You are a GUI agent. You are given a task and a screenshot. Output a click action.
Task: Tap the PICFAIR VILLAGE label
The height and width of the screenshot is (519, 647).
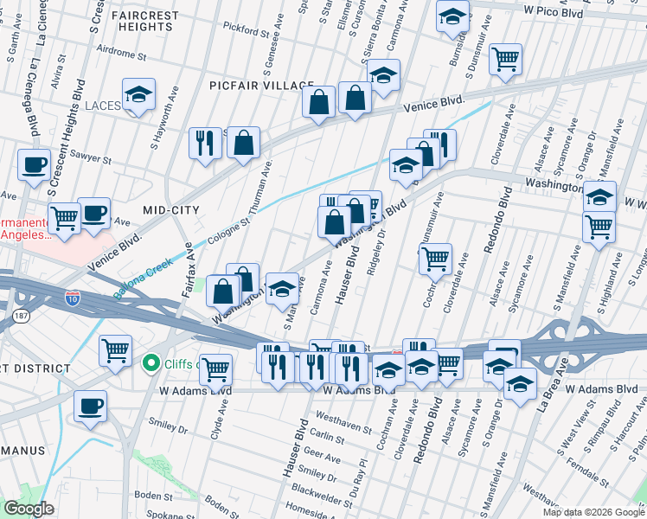[x=261, y=86]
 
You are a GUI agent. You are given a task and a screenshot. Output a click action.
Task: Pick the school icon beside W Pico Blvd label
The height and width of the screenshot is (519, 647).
[x=452, y=16]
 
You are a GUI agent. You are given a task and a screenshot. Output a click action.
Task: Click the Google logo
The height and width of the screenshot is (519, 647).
[x=29, y=509]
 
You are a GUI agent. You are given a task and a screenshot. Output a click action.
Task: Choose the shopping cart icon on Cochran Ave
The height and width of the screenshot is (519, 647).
[x=435, y=257]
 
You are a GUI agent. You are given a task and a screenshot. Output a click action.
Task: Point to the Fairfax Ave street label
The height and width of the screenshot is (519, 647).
[x=188, y=271]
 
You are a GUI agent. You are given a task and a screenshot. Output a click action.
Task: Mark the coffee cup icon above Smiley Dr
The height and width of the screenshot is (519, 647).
[x=90, y=406]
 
